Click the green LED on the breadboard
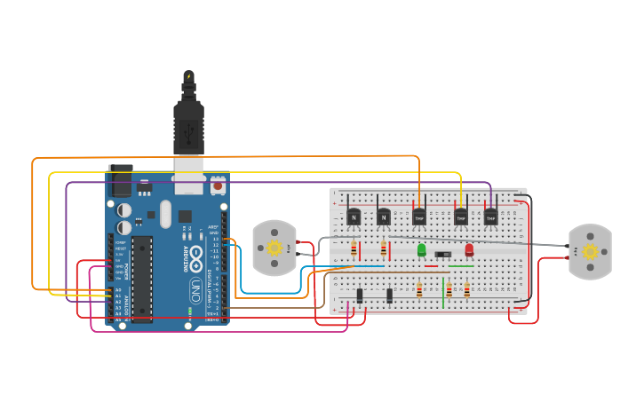tap(421, 250)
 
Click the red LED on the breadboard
tap(469, 250)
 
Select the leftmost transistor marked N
tap(354, 216)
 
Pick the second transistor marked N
tap(384, 216)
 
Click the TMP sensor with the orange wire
tap(418, 216)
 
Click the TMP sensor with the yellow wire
tap(460, 216)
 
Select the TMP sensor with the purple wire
tap(490, 216)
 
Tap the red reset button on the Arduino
tap(217, 187)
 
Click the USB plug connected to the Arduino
tap(188, 133)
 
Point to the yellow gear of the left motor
tap(274, 248)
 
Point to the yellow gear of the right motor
tap(591, 251)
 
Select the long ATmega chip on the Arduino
tap(142, 278)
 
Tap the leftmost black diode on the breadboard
tap(360, 295)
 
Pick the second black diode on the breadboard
tap(389, 295)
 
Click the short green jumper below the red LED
tap(461, 265)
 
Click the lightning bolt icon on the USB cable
tap(188, 77)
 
